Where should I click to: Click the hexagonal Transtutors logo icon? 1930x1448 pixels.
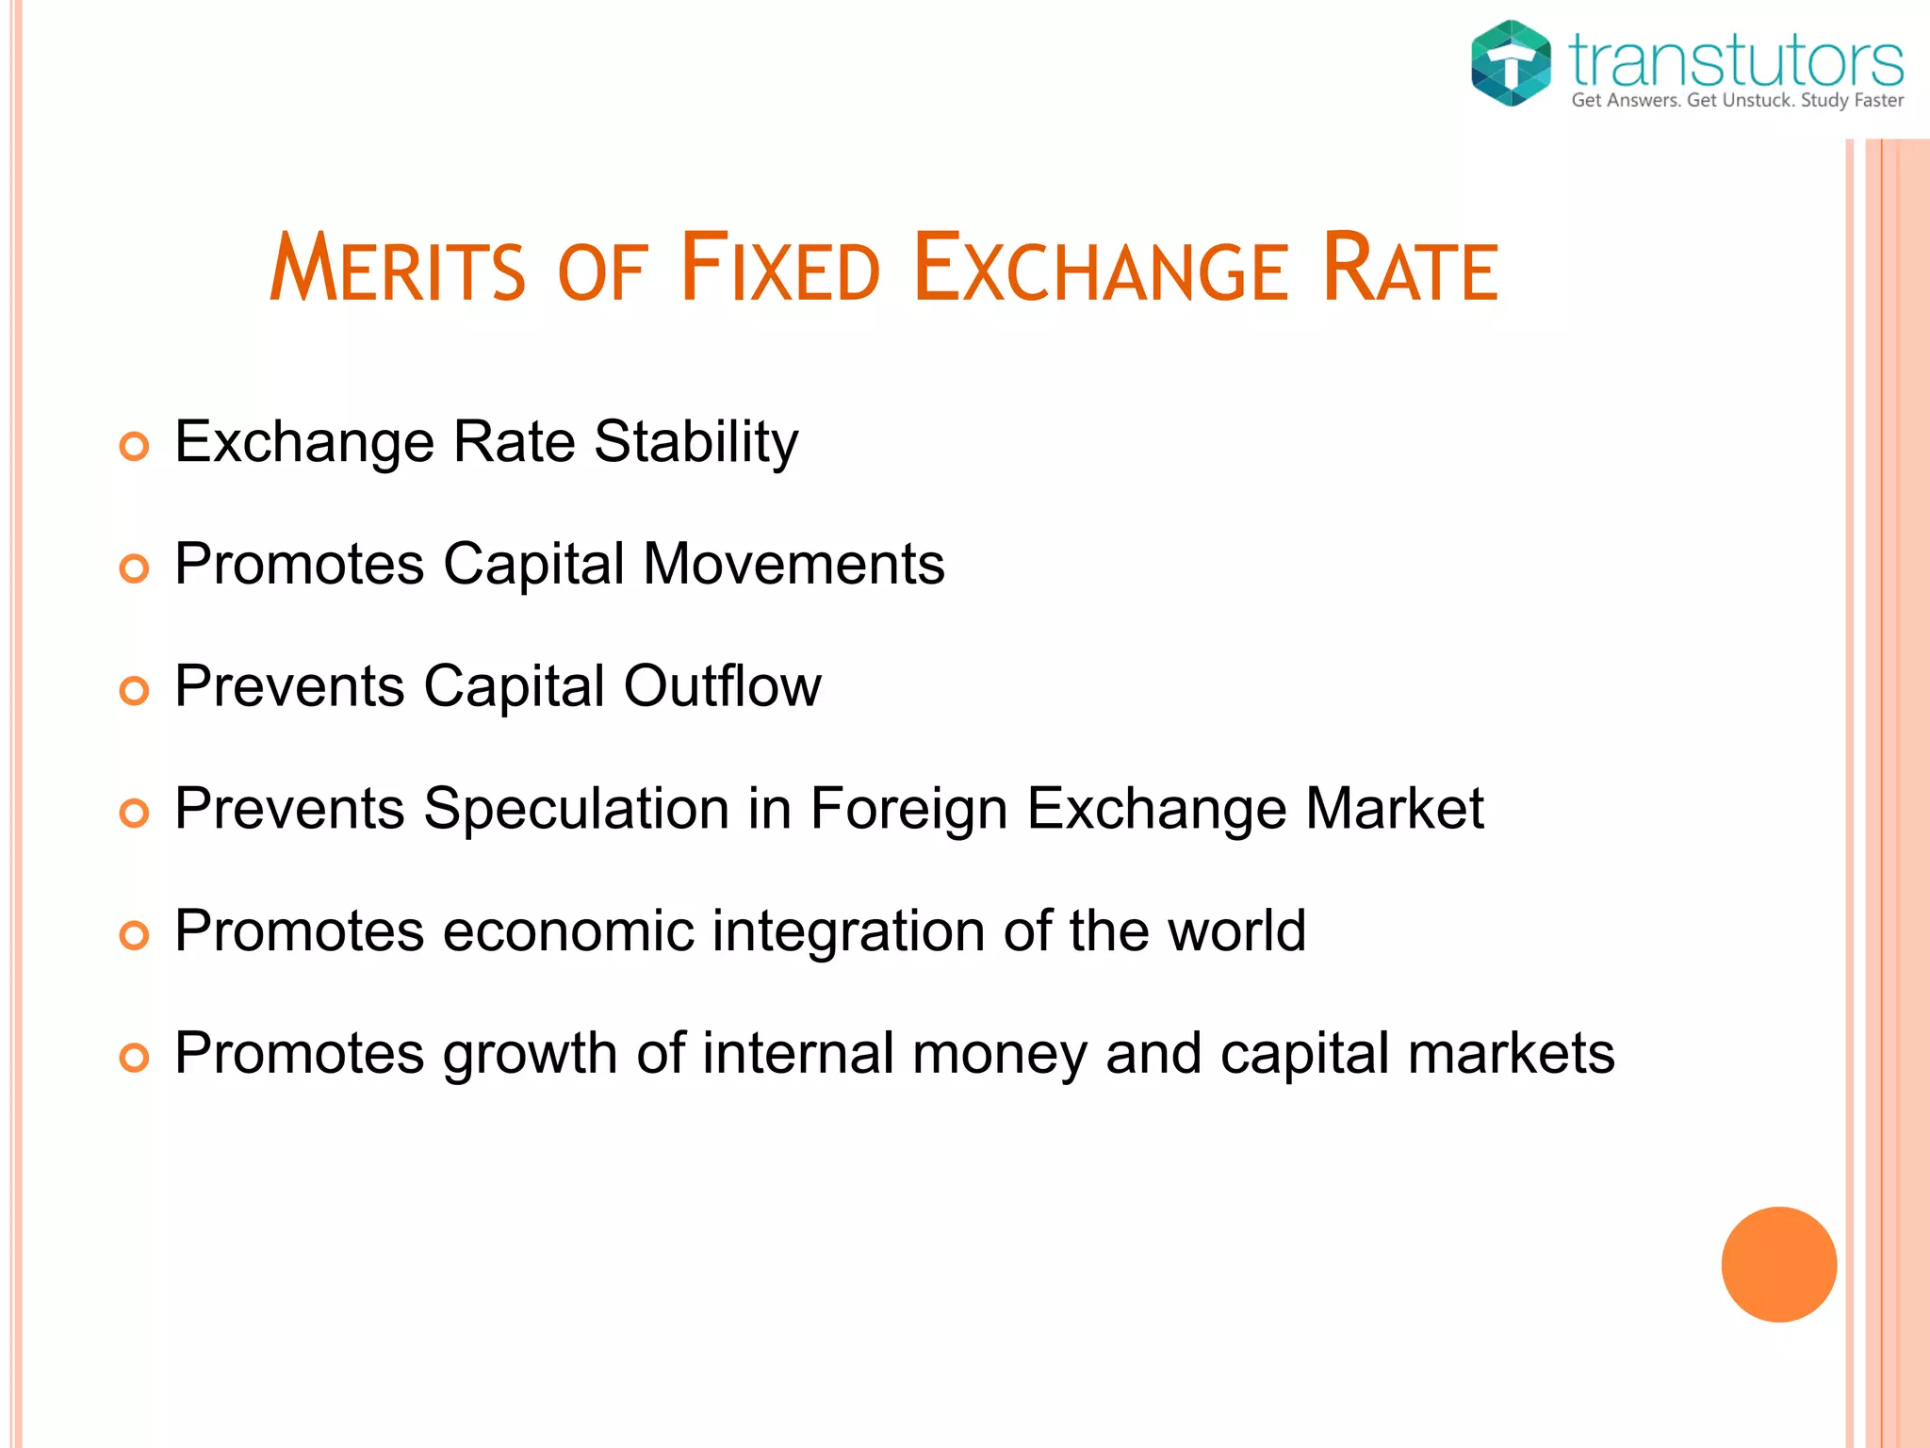1511,62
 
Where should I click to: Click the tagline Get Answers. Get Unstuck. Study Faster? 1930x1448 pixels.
1737,101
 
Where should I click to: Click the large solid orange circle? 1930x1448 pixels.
1778,1264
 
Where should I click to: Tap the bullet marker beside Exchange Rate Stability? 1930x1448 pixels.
135,446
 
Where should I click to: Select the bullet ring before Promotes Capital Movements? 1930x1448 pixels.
135,568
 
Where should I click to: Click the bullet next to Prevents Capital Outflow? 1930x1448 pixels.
135,691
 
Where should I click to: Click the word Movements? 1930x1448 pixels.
793,564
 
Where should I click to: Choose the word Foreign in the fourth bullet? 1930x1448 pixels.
908,809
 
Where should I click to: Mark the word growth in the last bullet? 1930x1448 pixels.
530,1054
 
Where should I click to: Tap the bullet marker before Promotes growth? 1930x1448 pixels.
135,1058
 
